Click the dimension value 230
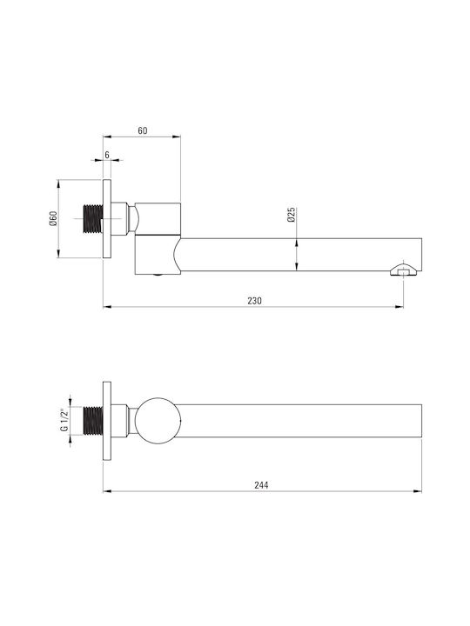click(254, 301)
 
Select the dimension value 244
click(261, 485)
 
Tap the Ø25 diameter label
click(291, 215)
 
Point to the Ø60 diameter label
click(54, 218)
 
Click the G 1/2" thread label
click(64, 420)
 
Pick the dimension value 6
click(107, 155)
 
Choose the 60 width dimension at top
click(142, 130)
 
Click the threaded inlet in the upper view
click(93, 219)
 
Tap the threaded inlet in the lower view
click(93, 421)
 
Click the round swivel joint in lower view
click(158, 421)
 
